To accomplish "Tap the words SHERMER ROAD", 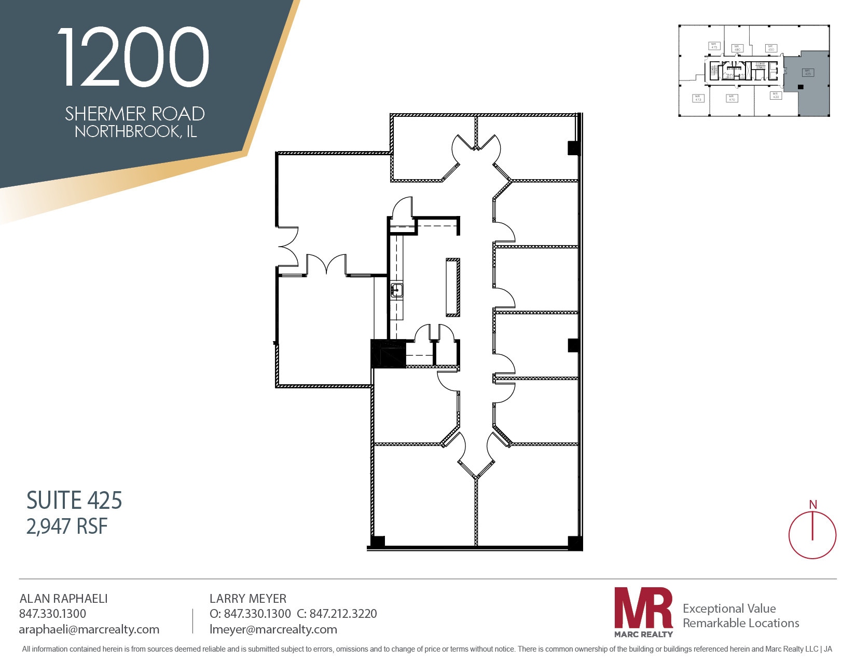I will click(x=135, y=114).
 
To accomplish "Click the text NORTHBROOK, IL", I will click(x=136, y=131).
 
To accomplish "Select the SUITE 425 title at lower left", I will click(x=74, y=501).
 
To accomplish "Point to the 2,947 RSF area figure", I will click(x=67, y=526).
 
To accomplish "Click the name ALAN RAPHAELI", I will click(x=63, y=599).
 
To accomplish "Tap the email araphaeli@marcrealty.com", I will click(x=89, y=629).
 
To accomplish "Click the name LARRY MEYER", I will click(x=248, y=599).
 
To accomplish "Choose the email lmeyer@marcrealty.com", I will click(x=273, y=629).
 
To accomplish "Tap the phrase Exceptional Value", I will click(x=729, y=609).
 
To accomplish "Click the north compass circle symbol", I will click(x=812, y=535).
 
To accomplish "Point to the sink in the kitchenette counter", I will click(x=397, y=290).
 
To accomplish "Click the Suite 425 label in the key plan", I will click(x=808, y=73).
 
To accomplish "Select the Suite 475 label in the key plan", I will click(x=714, y=46).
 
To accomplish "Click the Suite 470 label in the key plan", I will click(x=731, y=98).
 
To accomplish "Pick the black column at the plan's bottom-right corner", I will click(x=575, y=543).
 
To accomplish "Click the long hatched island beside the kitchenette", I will click(x=453, y=287).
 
